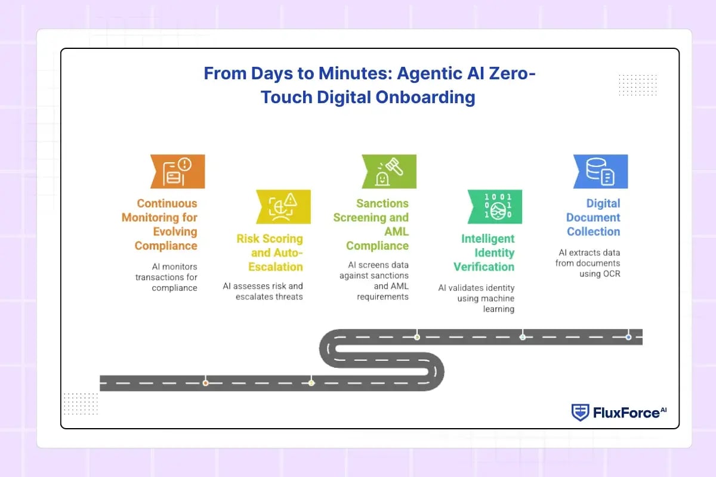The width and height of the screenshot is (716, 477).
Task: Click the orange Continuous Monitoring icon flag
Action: click(x=178, y=172)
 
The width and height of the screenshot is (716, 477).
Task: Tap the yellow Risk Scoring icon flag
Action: click(x=284, y=207)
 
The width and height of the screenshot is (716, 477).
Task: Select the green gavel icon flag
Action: click(x=390, y=172)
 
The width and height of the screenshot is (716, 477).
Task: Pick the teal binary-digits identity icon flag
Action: click(x=495, y=207)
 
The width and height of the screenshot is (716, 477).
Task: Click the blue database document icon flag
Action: click(x=601, y=172)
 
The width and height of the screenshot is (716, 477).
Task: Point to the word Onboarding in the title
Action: click(x=425, y=97)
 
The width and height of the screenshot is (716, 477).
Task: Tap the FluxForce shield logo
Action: click(x=580, y=413)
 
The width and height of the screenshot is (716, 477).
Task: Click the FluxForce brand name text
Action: click(x=626, y=413)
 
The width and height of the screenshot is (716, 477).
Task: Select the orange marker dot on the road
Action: click(x=205, y=383)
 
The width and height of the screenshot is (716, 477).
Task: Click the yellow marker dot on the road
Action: click(x=311, y=383)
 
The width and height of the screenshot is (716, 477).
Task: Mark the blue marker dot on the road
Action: click(x=628, y=337)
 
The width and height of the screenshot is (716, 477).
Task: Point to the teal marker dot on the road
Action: click(x=523, y=337)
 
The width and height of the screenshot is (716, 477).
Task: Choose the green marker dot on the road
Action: click(x=417, y=337)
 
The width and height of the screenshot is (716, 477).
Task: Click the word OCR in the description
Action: click(x=612, y=274)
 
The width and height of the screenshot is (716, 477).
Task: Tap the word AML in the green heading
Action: click(x=396, y=231)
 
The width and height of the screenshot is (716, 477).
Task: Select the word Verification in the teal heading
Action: click(x=484, y=267)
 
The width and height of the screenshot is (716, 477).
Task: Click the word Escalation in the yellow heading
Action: click(x=276, y=267)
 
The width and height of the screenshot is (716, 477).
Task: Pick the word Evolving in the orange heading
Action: click(x=175, y=231)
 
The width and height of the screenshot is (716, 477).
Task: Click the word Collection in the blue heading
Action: click(x=594, y=231)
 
